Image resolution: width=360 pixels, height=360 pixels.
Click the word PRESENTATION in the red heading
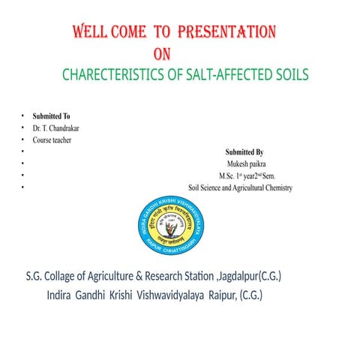[x=227, y=32]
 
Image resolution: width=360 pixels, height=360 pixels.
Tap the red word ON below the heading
[x=163, y=54]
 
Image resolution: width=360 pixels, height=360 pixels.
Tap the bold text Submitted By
[x=244, y=152]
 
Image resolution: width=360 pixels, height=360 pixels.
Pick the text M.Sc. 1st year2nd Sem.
[x=244, y=175]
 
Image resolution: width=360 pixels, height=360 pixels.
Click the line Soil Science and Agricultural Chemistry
[x=240, y=187]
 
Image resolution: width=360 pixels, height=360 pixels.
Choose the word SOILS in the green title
[x=288, y=76]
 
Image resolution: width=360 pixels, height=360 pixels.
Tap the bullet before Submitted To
[x=23, y=116]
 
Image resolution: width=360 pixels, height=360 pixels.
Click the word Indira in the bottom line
[x=62, y=295]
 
